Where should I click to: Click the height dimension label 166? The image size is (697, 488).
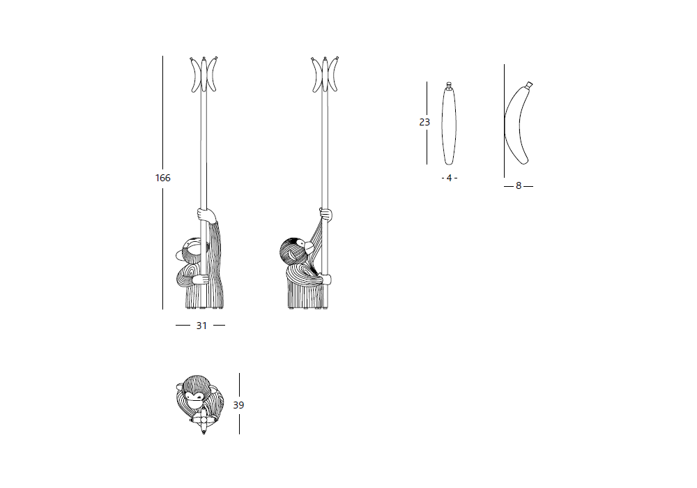(x=162, y=178)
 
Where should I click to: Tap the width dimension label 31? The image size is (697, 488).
(x=201, y=326)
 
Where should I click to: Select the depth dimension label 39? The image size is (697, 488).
(x=238, y=405)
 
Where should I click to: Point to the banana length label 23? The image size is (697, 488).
(x=424, y=122)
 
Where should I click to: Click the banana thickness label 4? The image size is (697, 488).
(x=450, y=178)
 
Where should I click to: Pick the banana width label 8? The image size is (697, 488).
(x=519, y=185)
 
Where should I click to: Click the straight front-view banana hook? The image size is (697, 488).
(x=449, y=123)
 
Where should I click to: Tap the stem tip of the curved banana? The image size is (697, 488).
(x=529, y=84)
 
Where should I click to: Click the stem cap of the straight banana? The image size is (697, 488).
(x=449, y=84)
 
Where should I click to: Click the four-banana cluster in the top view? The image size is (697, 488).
(x=204, y=419)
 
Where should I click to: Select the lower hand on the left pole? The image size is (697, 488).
(x=201, y=279)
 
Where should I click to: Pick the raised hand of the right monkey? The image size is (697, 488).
(x=325, y=214)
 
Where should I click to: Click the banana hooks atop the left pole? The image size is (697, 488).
(x=204, y=74)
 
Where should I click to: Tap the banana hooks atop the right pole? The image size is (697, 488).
(x=325, y=74)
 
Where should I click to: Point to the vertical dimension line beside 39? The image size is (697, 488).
(x=239, y=404)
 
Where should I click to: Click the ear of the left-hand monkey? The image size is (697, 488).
(x=179, y=254)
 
